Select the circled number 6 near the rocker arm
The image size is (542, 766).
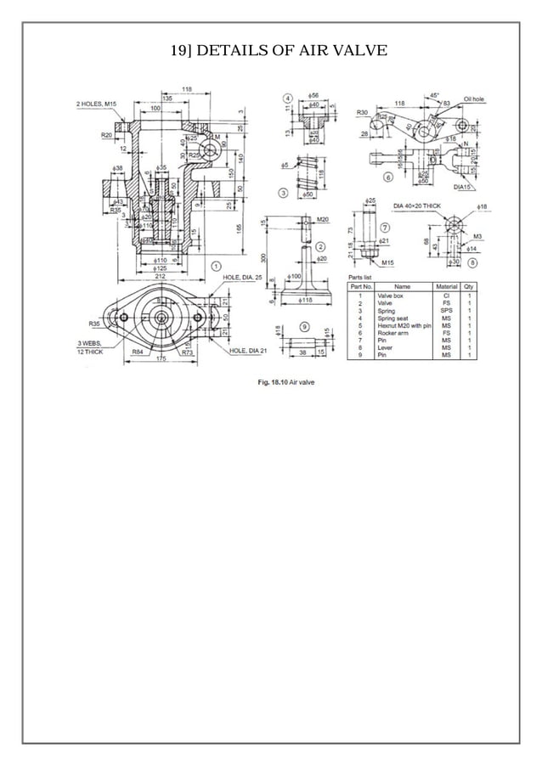(x=388, y=177)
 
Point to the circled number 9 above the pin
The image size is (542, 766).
(x=304, y=326)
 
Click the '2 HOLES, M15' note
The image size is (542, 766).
(x=97, y=104)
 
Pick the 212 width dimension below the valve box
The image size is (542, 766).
(x=159, y=276)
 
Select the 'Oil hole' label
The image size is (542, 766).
(x=474, y=99)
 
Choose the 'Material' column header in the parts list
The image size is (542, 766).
(x=446, y=287)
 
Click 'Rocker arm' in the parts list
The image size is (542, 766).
(x=392, y=333)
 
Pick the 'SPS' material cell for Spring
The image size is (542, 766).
(x=446, y=310)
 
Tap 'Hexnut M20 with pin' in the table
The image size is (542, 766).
(x=404, y=325)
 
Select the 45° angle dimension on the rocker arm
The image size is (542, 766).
(x=434, y=95)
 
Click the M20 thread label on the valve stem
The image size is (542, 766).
(x=322, y=219)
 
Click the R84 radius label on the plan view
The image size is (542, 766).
(x=137, y=352)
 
